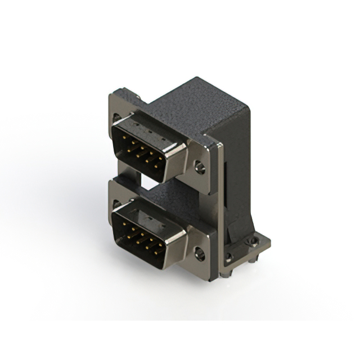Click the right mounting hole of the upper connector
click(x=199, y=166)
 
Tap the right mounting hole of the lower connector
click(x=199, y=253)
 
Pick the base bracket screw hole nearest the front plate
click(x=228, y=258)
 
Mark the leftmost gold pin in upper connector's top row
click(x=125, y=142)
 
